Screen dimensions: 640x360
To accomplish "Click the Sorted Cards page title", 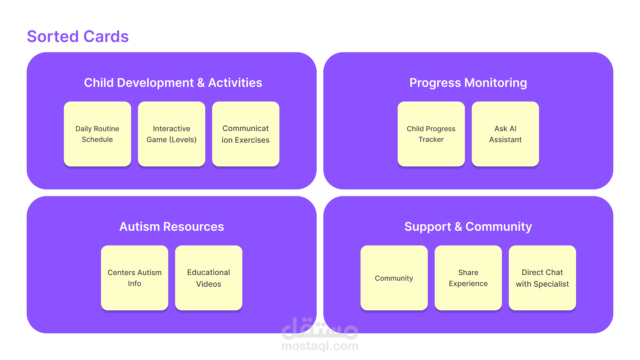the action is pyautogui.click(x=78, y=36).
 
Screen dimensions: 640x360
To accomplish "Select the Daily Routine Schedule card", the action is pyautogui.click(x=97, y=134).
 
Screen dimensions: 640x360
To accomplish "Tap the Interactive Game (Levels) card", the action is pyautogui.click(x=172, y=134).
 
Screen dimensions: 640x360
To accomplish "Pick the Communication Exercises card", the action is pyautogui.click(x=246, y=134).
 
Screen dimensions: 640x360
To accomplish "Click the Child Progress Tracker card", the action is pyautogui.click(x=431, y=134).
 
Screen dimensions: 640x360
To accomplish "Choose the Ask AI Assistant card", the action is pyautogui.click(x=505, y=134).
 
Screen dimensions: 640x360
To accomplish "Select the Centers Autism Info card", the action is pyautogui.click(x=135, y=278).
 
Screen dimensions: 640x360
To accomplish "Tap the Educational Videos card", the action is pyautogui.click(x=209, y=278).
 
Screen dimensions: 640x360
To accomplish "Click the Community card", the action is pyautogui.click(x=394, y=278).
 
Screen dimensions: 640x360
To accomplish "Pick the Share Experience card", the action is pyautogui.click(x=468, y=278).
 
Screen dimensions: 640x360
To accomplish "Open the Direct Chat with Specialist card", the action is pyautogui.click(x=542, y=278).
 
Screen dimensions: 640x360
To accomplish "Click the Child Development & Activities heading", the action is pyautogui.click(x=173, y=83).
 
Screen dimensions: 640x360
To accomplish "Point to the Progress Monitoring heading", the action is pyautogui.click(x=468, y=83).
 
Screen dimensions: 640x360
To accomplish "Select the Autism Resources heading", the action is pyautogui.click(x=172, y=227).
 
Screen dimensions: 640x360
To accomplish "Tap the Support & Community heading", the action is pyautogui.click(x=468, y=227).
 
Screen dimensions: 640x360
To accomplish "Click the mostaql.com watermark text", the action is pyautogui.click(x=320, y=346).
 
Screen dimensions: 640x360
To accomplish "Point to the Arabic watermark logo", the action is pyautogui.click(x=320, y=328).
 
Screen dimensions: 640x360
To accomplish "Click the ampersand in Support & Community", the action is pyautogui.click(x=458, y=227).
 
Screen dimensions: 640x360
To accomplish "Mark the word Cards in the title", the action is pyautogui.click(x=106, y=36).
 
